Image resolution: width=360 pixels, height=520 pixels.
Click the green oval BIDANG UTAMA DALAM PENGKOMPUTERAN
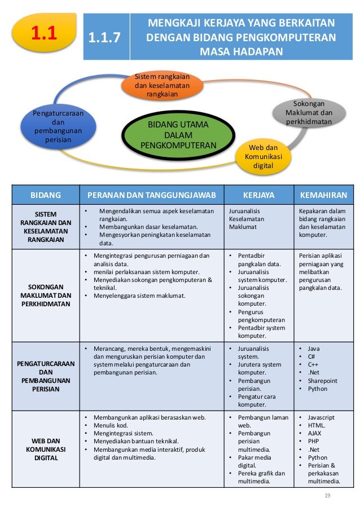click(178, 134)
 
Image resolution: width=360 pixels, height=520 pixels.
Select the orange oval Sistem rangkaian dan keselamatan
click(161, 85)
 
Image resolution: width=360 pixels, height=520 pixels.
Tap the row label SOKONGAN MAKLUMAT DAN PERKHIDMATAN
click(46, 296)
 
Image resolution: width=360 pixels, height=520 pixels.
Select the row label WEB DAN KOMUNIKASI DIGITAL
click(46, 450)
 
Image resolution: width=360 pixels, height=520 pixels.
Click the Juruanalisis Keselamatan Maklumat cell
click(247, 219)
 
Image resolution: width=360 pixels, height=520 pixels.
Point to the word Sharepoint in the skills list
click(322, 381)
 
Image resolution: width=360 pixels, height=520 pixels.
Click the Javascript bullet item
click(321, 417)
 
